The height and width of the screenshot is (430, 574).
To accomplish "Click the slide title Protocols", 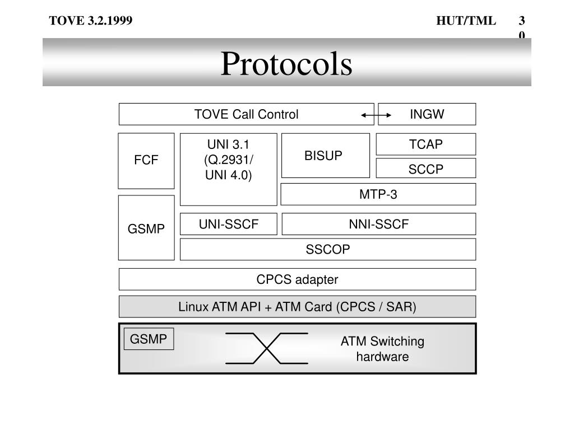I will tap(286, 64).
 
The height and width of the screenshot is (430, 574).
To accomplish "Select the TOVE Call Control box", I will tap(246, 114).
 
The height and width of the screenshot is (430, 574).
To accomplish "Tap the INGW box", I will tap(427, 114).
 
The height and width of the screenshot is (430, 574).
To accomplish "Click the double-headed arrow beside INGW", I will tap(376, 115).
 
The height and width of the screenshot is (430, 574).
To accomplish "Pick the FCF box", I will tap(146, 161).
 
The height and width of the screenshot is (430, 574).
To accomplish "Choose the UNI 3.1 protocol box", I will tap(228, 169).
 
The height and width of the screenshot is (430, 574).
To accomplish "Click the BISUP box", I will tap(325, 156).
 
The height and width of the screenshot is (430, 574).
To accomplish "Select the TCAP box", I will tap(425, 144).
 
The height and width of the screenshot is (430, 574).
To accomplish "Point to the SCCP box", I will tap(425, 169).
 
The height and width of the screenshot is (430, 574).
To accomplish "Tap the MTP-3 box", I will tap(378, 194).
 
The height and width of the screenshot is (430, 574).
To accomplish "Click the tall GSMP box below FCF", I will tap(146, 228).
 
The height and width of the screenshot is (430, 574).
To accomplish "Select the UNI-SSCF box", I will tap(229, 224).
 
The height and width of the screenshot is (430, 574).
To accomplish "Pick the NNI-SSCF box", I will tap(378, 224).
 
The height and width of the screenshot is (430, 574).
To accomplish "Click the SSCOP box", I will tap(327, 250).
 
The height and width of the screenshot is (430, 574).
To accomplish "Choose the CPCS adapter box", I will tap(297, 279).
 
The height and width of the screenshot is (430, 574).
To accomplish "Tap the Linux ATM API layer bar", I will tap(297, 307).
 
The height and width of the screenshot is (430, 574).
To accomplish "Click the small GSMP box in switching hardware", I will tap(149, 339).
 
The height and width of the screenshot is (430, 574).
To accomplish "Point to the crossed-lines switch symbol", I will tap(267, 348).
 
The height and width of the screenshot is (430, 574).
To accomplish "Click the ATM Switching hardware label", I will tap(382, 349).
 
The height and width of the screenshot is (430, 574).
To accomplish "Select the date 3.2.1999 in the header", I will tap(109, 21).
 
